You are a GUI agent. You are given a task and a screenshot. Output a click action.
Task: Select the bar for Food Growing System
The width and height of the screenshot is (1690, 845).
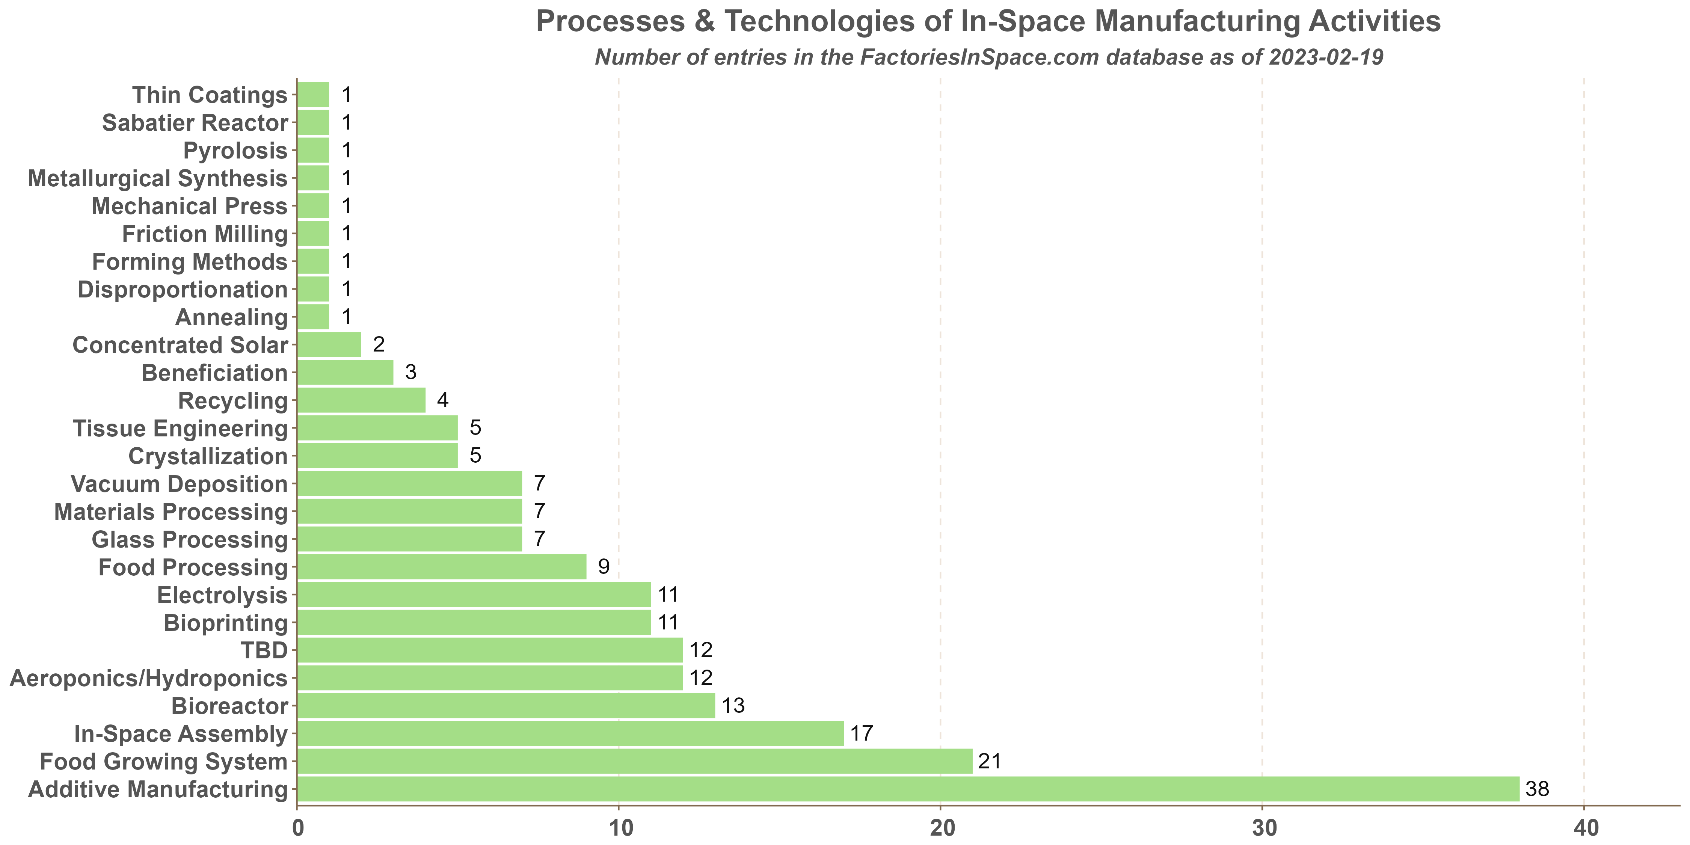(634, 761)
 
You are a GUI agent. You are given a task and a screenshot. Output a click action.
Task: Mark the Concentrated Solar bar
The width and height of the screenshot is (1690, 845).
(329, 344)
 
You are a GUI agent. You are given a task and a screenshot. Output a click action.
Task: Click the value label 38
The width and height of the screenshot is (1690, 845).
(1537, 789)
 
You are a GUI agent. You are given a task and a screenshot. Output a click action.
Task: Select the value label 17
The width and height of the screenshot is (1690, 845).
(862, 733)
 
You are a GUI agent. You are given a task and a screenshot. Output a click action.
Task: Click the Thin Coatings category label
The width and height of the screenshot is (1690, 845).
(210, 95)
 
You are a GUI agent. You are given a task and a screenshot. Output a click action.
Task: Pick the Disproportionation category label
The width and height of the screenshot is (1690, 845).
(183, 289)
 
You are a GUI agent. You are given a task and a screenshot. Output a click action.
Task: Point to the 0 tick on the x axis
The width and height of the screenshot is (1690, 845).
(297, 828)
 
